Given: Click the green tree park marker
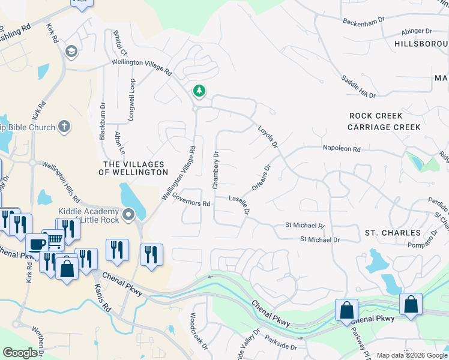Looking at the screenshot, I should point(199,91).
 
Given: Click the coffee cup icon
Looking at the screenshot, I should point(37,245).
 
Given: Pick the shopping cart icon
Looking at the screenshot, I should point(55,241).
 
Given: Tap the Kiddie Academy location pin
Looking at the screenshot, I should point(128,214).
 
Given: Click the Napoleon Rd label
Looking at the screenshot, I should point(341,148).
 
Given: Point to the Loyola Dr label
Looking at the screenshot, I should point(268,137).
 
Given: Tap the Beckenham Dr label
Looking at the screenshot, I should point(363,22).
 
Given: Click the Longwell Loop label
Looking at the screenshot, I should point(133,97).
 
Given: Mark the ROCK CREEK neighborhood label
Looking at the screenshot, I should point(377,115).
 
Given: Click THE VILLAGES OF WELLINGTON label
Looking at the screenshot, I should point(136,168).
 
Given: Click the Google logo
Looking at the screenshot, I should point(20,352).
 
